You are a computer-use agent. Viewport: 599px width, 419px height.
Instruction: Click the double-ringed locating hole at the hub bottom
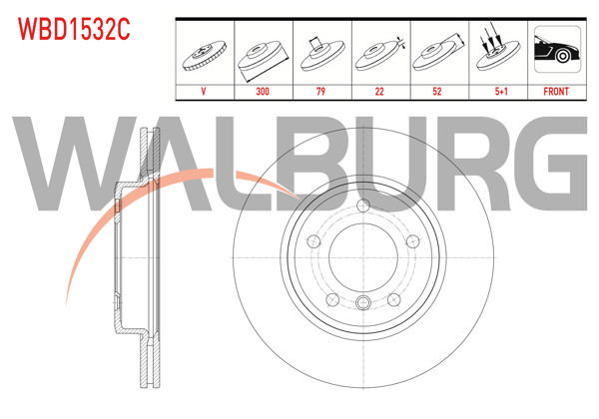click(360, 303)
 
